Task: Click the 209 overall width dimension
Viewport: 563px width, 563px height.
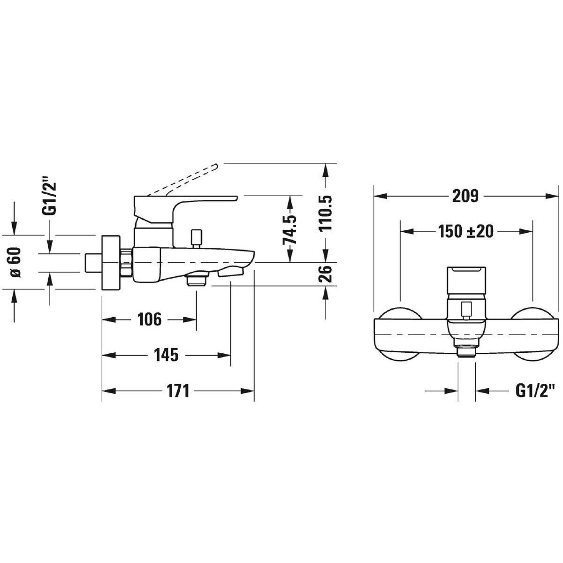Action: pos(465,196)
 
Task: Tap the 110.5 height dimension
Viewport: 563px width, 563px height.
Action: pos(327,212)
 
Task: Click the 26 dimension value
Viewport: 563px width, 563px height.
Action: pos(327,274)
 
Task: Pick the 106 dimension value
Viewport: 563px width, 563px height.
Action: pos(149,320)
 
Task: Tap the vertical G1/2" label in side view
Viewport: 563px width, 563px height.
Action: pos(49,196)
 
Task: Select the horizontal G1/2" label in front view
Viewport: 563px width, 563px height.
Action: pos(535,390)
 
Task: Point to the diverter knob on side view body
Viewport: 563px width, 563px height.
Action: pos(197,237)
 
